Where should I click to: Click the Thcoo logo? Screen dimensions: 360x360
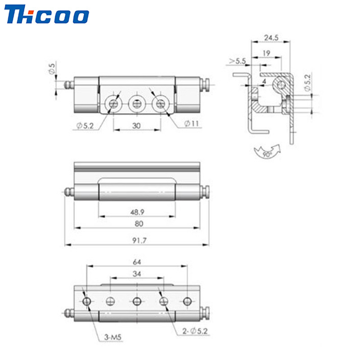tap(47, 14)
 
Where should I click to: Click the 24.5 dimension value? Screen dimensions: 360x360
tap(271, 37)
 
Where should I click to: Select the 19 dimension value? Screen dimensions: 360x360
tap(266, 53)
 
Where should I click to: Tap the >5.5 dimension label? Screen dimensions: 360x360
tap(238, 61)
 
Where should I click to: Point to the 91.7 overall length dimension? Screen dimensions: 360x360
tap(139, 240)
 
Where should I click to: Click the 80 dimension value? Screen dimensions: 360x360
tap(139, 224)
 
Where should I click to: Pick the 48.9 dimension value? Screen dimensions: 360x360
tap(137, 212)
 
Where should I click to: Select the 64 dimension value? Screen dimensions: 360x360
tap(137, 262)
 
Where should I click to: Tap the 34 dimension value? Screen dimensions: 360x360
tap(137, 274)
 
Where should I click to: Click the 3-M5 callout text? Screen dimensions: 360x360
tap(112, 337)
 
